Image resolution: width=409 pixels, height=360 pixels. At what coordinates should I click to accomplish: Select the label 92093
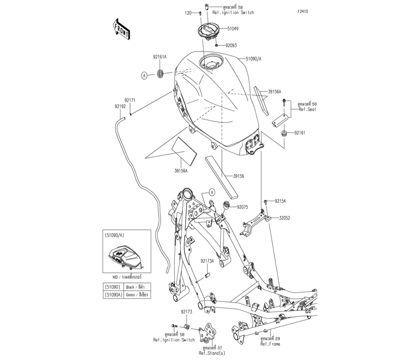pos(229,46)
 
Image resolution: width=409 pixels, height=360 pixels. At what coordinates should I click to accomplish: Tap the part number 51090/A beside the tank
pos(254,59)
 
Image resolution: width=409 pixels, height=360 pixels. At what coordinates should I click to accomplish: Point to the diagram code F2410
pos(303,12)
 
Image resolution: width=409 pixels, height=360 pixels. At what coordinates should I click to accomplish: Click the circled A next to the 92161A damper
pos(144,75)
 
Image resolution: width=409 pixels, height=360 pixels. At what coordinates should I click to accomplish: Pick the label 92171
pos(130,100)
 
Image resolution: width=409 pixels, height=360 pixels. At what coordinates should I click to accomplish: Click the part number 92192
pos(120,106)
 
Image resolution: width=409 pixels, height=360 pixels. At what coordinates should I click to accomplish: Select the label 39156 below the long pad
pos(238,176)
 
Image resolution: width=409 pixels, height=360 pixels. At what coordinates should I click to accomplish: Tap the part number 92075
pos(243,207)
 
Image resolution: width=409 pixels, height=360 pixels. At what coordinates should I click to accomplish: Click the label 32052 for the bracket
pos(285,218)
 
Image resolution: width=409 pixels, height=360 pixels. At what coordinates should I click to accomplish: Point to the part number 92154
pos(280,201)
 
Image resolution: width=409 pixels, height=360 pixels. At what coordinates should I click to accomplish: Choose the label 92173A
pos(207,261)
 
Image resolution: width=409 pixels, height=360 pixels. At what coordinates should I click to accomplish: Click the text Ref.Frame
pos(270,344)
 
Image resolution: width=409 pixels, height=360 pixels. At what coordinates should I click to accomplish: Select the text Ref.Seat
pos(307,109)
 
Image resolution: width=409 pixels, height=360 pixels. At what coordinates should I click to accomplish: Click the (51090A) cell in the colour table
pos(113,295)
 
